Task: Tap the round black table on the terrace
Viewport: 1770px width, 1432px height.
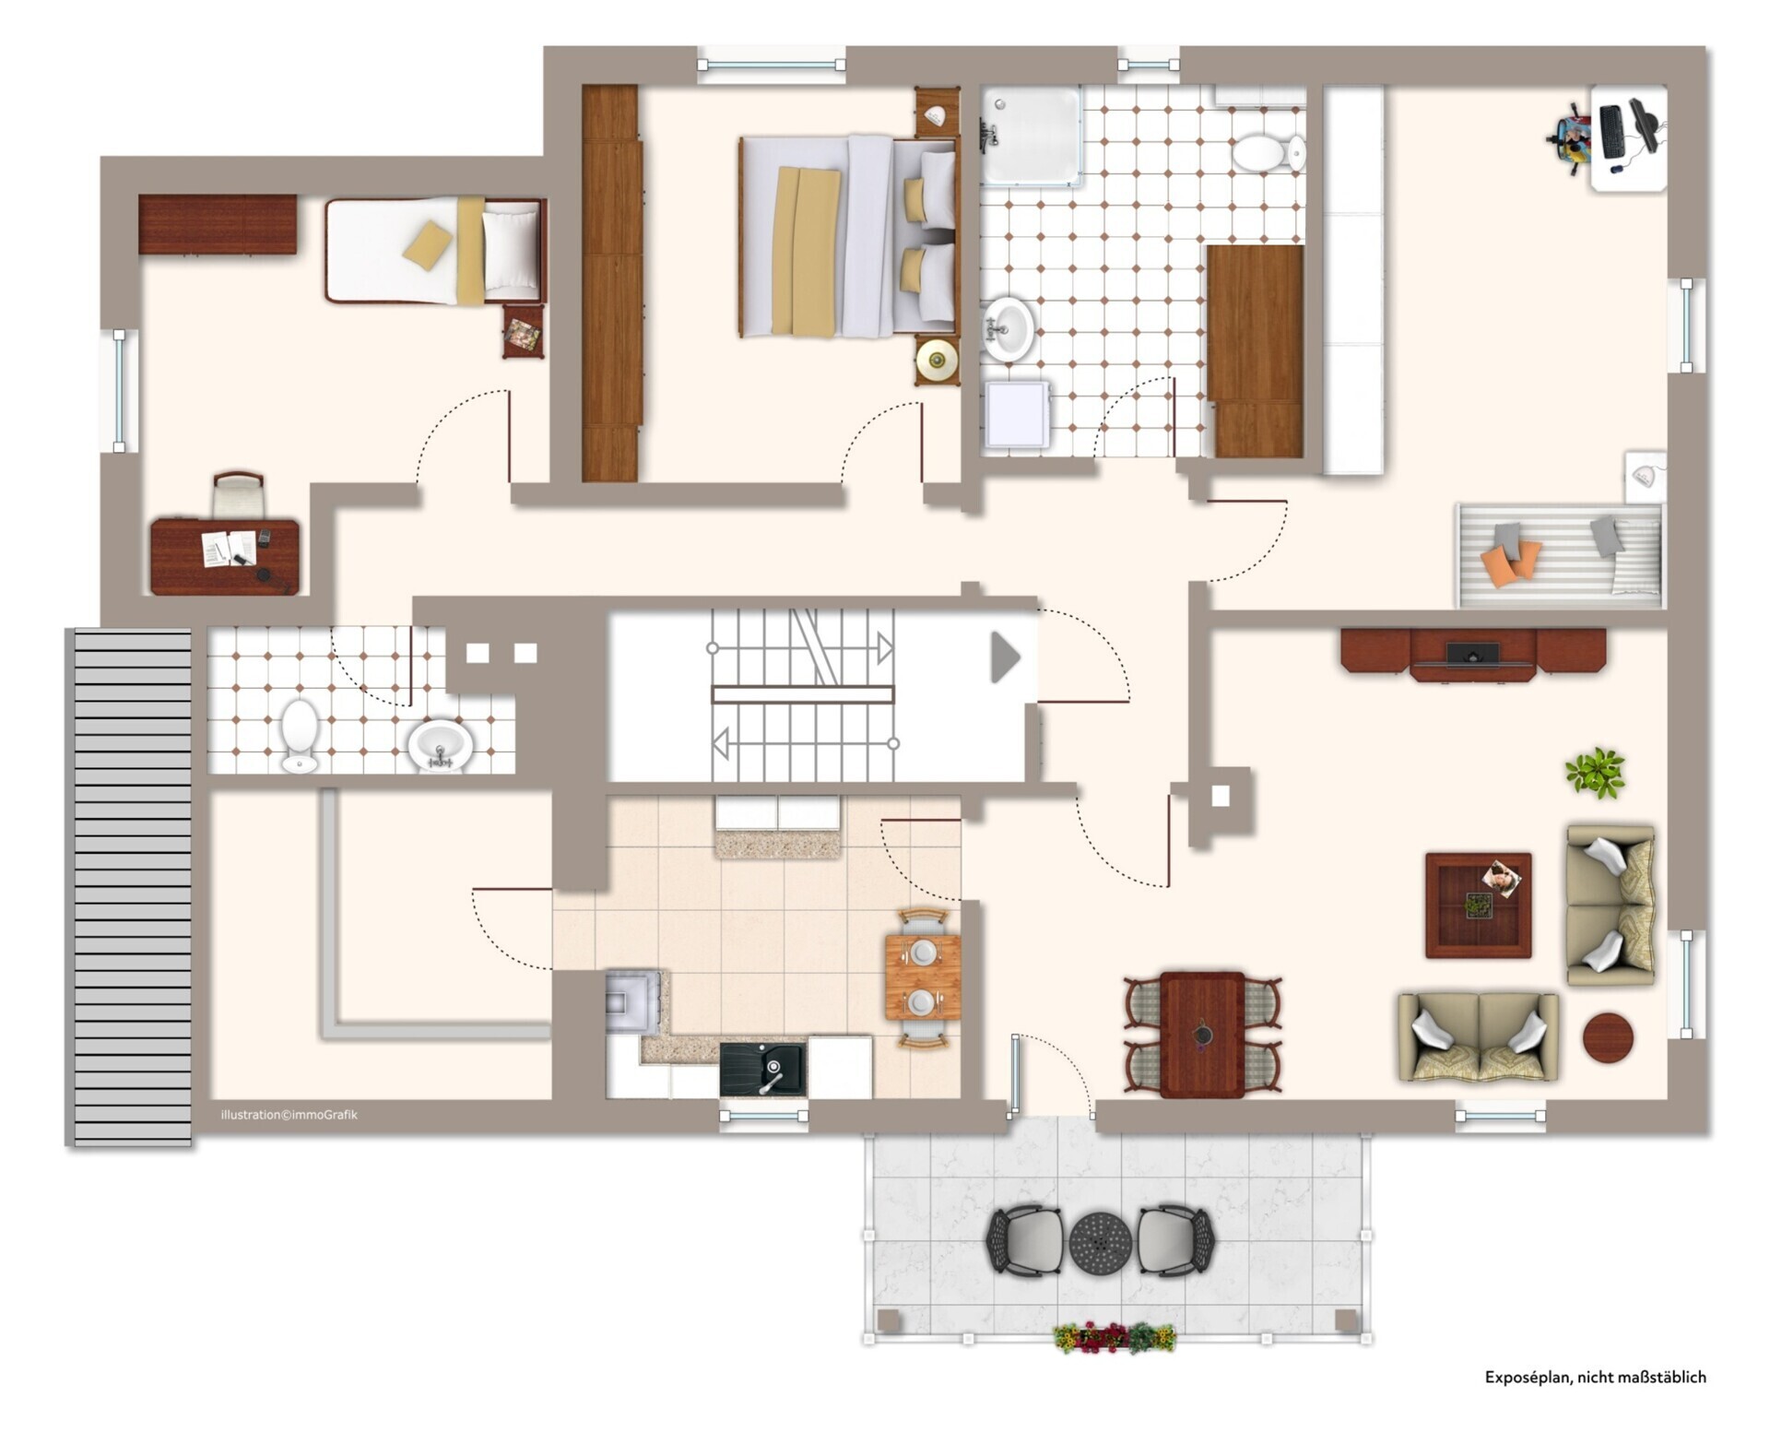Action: click(x=1100, y=1242)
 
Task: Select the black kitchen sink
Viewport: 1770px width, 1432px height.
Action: click(x=762, y=1069)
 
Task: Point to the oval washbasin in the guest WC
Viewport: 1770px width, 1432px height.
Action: click(x=441, y=744)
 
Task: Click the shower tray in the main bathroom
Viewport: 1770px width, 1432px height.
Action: click(x=1031, y=135)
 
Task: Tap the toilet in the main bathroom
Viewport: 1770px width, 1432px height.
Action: click(x=1268, y=153)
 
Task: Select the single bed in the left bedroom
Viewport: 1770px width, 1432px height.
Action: click(x=435, y=251)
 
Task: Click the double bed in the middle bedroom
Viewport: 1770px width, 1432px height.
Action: click(x=849, y=237)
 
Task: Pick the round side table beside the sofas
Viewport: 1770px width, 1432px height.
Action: click(x=1608, y=1038)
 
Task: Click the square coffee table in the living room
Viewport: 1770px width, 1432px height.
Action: click(x=1479, y=905)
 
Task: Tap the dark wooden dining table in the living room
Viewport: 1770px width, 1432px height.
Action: click(x=1202, y=1035)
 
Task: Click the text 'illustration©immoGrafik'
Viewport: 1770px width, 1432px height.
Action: click(x=289, y=1115)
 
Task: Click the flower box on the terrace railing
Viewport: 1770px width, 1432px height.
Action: click(x=1115, y=1337)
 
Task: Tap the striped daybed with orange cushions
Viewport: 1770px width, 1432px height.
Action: click(x=1560, y=555)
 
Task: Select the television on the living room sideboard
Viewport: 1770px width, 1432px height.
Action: click(x=1471, y=654)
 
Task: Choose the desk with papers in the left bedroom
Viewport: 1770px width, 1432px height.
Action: click(x=225, y=556)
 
